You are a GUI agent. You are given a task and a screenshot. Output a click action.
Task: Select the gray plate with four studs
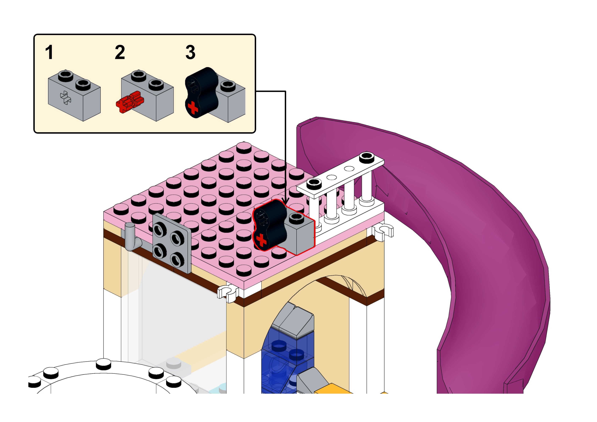point(172,243)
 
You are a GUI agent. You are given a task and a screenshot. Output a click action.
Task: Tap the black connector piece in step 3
point(202,91)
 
